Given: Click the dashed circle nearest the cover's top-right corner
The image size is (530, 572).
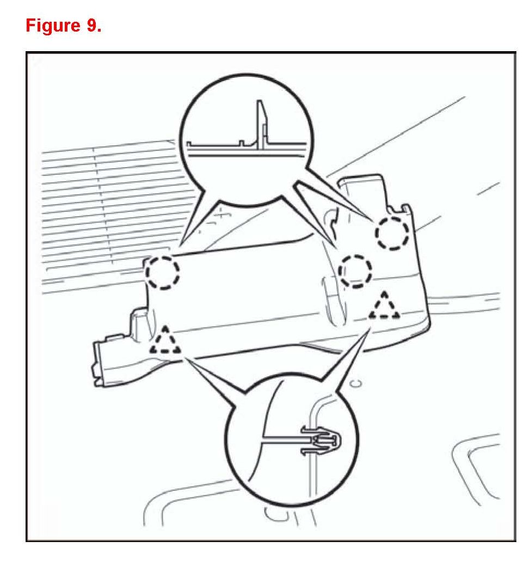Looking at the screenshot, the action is tap(392, 233).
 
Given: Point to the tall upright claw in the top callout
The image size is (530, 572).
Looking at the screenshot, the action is tap(261, 122).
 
